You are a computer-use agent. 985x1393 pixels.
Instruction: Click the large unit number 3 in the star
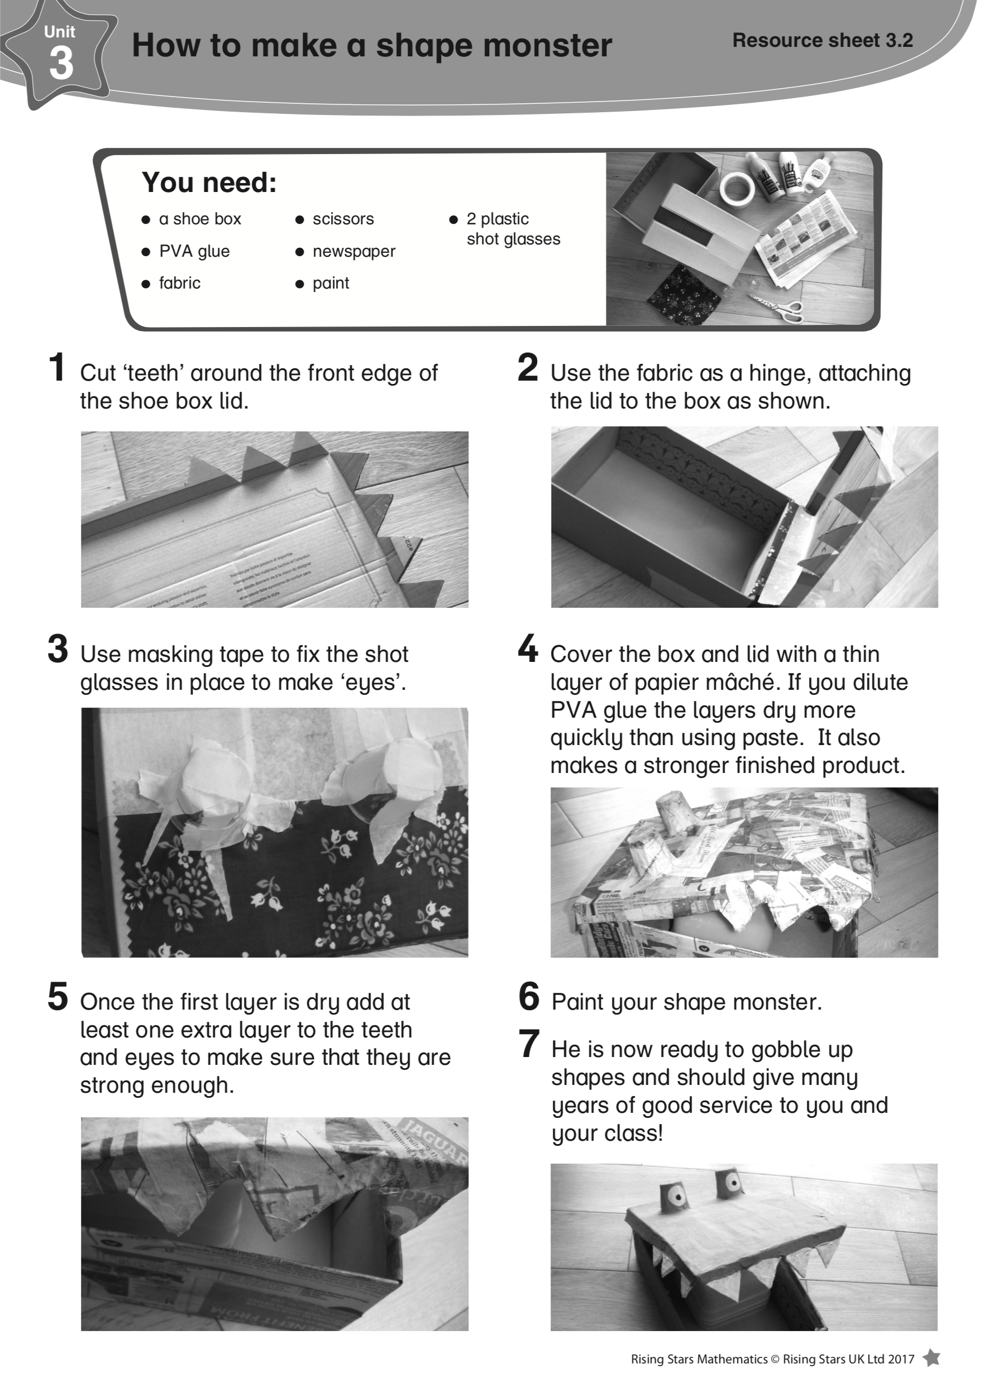[x=61, y=64]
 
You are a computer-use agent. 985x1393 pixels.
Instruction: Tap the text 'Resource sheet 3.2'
[x=823, y=40]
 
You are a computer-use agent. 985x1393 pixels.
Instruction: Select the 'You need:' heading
[x=209, y=182]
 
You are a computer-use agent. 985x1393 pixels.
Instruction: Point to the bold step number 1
[x=58, y=368]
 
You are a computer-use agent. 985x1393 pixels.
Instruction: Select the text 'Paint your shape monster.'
[x=686, y=1002]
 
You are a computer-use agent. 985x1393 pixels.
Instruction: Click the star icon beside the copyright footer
[x=931, y=1358]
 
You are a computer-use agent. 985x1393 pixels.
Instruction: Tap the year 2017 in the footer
[x=901, y=1359]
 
